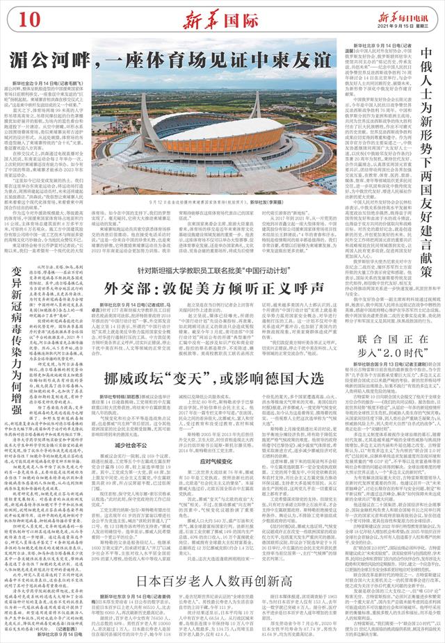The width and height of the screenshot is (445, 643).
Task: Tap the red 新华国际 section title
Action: pyautogui.click(x=213, y=15)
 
